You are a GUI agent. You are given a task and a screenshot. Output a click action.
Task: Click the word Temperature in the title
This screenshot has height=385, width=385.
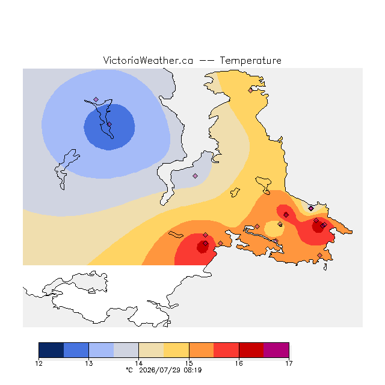tap(250, 60)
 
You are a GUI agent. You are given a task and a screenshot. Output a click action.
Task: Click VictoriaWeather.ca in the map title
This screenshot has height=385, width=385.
tap(148, 60)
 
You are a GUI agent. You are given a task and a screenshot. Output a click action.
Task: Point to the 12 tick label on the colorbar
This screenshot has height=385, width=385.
tap(38, 363)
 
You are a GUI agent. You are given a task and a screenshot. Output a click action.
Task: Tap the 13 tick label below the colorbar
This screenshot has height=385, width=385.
tap(89, 363)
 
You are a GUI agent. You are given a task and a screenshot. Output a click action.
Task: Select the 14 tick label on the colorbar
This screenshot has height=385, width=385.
tap(139, 363)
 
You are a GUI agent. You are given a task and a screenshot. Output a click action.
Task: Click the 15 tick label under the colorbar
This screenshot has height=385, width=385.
tap(189, 363)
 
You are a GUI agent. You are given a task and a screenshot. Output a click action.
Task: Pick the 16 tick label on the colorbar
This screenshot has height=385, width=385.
tap(239, 363)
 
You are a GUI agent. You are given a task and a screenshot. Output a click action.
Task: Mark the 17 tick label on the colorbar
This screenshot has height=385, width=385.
tap(289, 363)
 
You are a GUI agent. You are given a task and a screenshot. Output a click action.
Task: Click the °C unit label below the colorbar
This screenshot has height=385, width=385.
tap(129, 370)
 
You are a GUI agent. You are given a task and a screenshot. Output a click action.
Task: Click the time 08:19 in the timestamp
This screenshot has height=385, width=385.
tap(192, 370)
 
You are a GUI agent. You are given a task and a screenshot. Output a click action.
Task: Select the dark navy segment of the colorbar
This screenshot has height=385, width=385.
tap(51, 350)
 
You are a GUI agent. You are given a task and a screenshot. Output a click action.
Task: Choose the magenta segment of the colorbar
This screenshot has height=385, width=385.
tap(276, 350)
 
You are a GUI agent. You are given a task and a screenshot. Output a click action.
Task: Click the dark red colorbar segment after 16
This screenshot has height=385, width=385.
tap(251, 350)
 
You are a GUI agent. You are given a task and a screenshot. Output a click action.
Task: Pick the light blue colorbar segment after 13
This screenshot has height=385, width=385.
tap(102, 350)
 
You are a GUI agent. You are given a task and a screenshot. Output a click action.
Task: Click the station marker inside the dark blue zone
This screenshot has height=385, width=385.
tap(109, 125)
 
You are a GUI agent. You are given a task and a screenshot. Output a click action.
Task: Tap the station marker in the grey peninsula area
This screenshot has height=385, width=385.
tap(195, 176)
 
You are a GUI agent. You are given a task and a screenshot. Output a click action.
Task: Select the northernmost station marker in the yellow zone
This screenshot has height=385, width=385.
tap(250, 90)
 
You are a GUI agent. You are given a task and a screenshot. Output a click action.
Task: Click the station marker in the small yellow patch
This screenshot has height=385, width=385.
tap(280, 224)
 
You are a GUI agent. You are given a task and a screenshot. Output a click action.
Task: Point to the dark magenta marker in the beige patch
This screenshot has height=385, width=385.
tap(311, 209)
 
